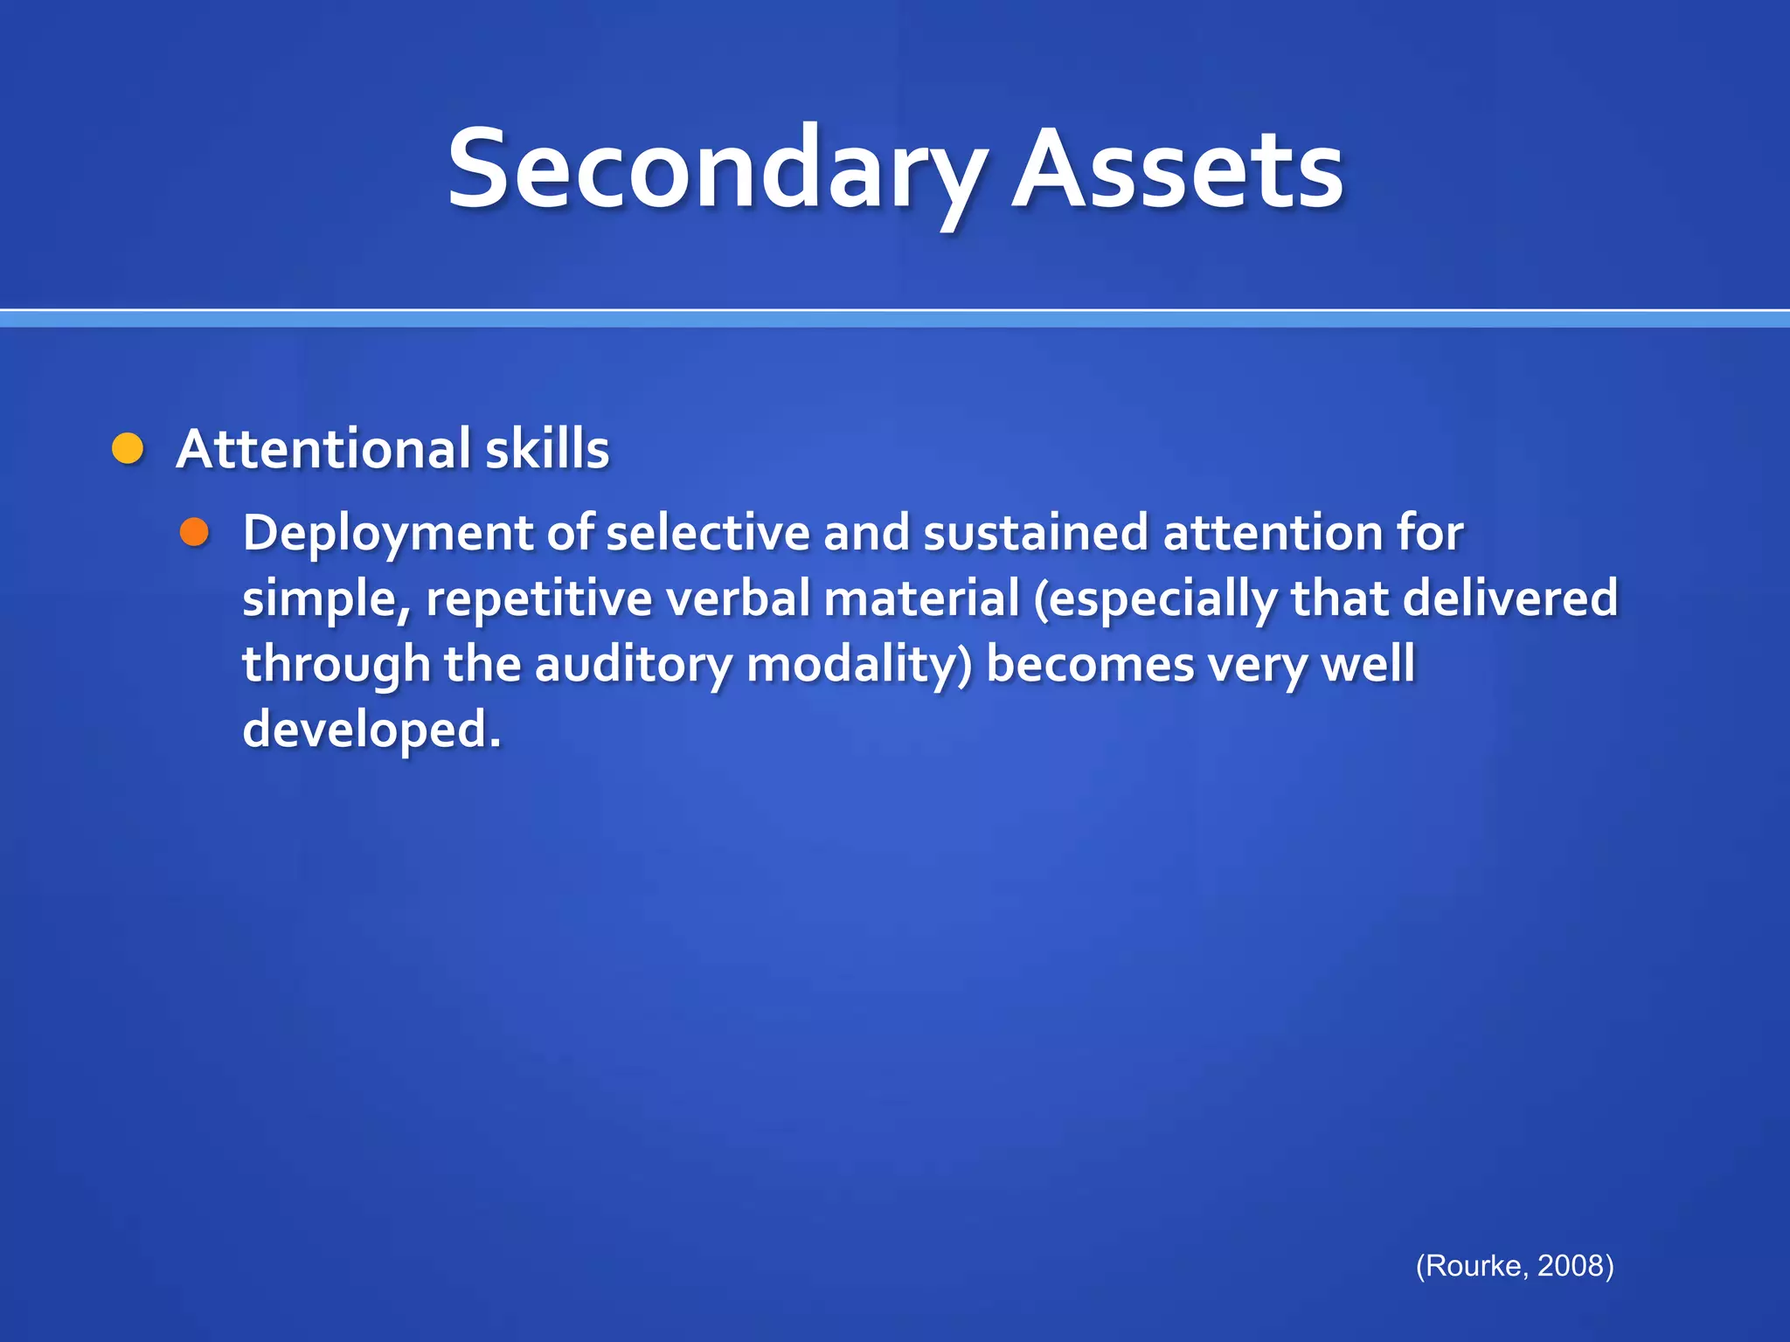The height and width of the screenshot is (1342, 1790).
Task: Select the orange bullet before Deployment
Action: click(194, 532)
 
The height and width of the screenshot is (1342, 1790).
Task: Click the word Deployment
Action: click(388, 534)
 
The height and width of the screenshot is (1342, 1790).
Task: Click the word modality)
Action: click(859, 665)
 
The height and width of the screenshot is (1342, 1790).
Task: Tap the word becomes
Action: click(1090, 665)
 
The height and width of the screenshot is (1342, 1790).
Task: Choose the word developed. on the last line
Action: click(371, 730)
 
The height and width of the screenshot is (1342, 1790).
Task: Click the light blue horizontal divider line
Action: click(895, 320)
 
